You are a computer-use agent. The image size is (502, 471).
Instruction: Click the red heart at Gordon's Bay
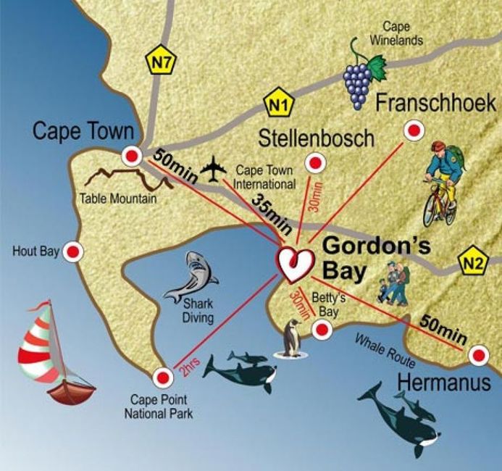coord(296,265)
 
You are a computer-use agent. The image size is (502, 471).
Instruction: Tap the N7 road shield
coord(160,62)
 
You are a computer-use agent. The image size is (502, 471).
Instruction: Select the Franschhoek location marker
coord(414,131)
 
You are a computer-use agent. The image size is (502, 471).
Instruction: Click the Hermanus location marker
coord(478,355)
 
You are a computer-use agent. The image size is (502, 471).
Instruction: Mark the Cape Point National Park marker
coord(162,377)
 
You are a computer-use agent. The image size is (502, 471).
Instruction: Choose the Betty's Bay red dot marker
coord(322,330)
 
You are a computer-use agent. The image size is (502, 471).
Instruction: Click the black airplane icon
coord(214,170)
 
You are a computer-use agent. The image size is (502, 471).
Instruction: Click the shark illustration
coord(192,277)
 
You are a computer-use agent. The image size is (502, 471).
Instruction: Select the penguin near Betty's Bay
coord(292,338)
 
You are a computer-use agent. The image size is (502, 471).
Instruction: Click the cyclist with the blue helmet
coord(440,183)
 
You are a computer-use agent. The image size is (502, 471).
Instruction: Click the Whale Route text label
coord(384,351)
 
